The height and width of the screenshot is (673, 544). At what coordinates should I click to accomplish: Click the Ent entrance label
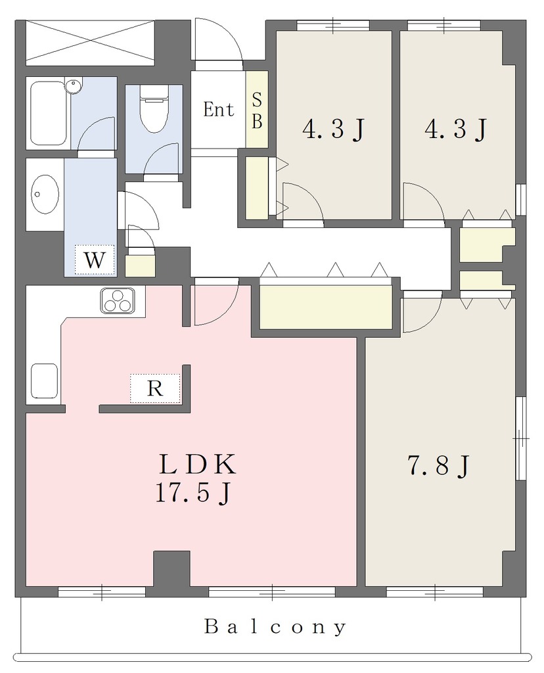point(218,110)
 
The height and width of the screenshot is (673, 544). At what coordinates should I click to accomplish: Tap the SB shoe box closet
point(256,110)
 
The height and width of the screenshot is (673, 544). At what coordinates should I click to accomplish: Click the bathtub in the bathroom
point(49,113)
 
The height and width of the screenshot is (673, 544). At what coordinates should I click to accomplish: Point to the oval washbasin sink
point(45,194)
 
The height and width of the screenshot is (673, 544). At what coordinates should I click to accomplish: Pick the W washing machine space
point(95,260)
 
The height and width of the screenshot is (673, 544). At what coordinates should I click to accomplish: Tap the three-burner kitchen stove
point(117,300)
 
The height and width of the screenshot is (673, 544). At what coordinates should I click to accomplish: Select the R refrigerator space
point(155,388)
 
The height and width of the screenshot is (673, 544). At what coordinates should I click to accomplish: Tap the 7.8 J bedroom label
point(438,465)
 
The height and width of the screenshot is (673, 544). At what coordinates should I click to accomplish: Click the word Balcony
point(275,627)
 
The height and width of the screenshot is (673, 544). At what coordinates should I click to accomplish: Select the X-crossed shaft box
point(89,43)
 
